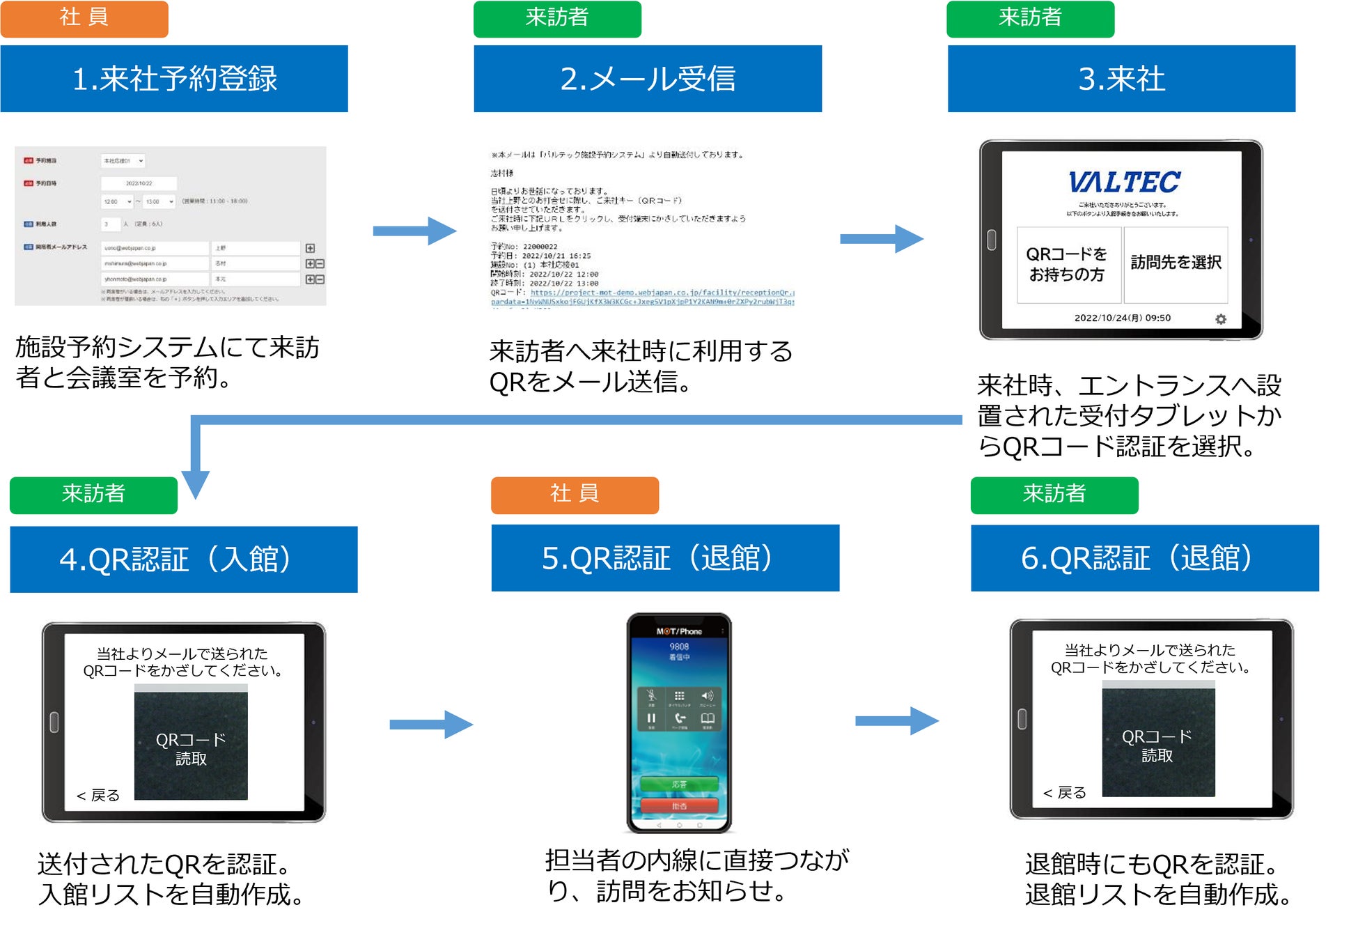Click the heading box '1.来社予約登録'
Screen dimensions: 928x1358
(x=174, y=79)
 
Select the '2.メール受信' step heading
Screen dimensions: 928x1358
(x=648, y=79)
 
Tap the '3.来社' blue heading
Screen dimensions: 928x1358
(x=1121, y=79)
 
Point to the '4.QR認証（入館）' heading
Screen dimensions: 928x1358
(x=183, y=559)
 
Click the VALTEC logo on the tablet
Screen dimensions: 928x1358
(x=1125, y=183)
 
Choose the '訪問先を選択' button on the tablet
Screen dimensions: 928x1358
(x=1176, y=263)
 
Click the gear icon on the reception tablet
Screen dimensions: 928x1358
(x=1221, y=319)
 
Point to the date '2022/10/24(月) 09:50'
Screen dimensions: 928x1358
(x=1122, y=318)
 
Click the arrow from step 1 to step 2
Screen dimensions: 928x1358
(x=414, y=231)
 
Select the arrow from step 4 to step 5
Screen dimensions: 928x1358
(x=431, y=725)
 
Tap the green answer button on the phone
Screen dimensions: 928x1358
(x=679, y=784)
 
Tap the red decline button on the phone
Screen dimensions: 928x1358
(x=679, y=806)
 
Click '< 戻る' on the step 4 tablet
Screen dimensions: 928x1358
(x=98, y=796)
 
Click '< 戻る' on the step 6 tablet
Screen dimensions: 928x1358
(x=1065, y=793)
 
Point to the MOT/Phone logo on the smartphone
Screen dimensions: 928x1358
(x=679, y=631)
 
